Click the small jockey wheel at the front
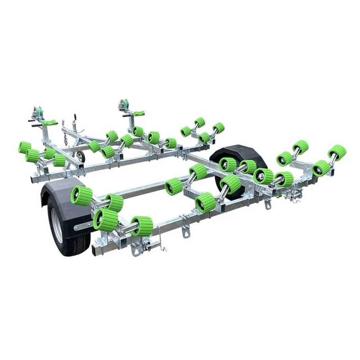(x=81, y=157)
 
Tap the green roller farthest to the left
(x=25, y=147)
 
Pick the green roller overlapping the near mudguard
(x=81, y=195)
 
